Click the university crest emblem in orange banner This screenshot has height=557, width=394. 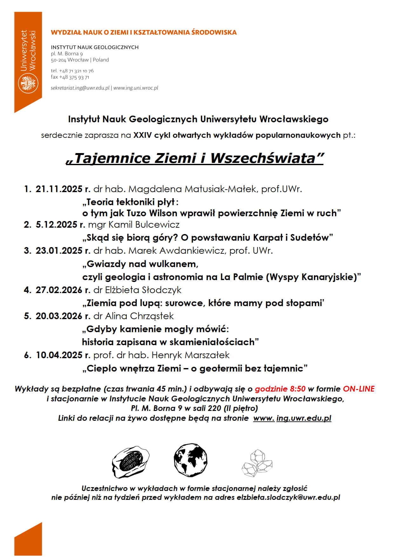(28, 83)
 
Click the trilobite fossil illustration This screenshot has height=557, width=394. (130, 461)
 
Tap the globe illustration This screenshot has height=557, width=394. (190, 460)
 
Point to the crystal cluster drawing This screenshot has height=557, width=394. (257, 463)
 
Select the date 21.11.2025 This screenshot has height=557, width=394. (59, 189)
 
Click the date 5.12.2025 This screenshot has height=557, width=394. (57, 225)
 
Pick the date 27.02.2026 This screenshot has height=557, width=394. (59, 290)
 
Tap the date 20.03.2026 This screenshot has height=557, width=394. (59, 316)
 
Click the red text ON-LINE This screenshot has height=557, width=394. (359, 389)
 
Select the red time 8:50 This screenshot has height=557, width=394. (298, 389)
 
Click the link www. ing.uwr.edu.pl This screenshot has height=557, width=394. (292, 418)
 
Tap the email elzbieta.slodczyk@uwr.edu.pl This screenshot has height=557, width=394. (288, 497)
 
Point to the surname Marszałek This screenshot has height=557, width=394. (207, 355)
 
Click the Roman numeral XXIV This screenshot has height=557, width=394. (143, 135)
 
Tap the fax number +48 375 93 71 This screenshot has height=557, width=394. (74, 77)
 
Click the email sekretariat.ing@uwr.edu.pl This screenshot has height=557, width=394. (80, 88)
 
